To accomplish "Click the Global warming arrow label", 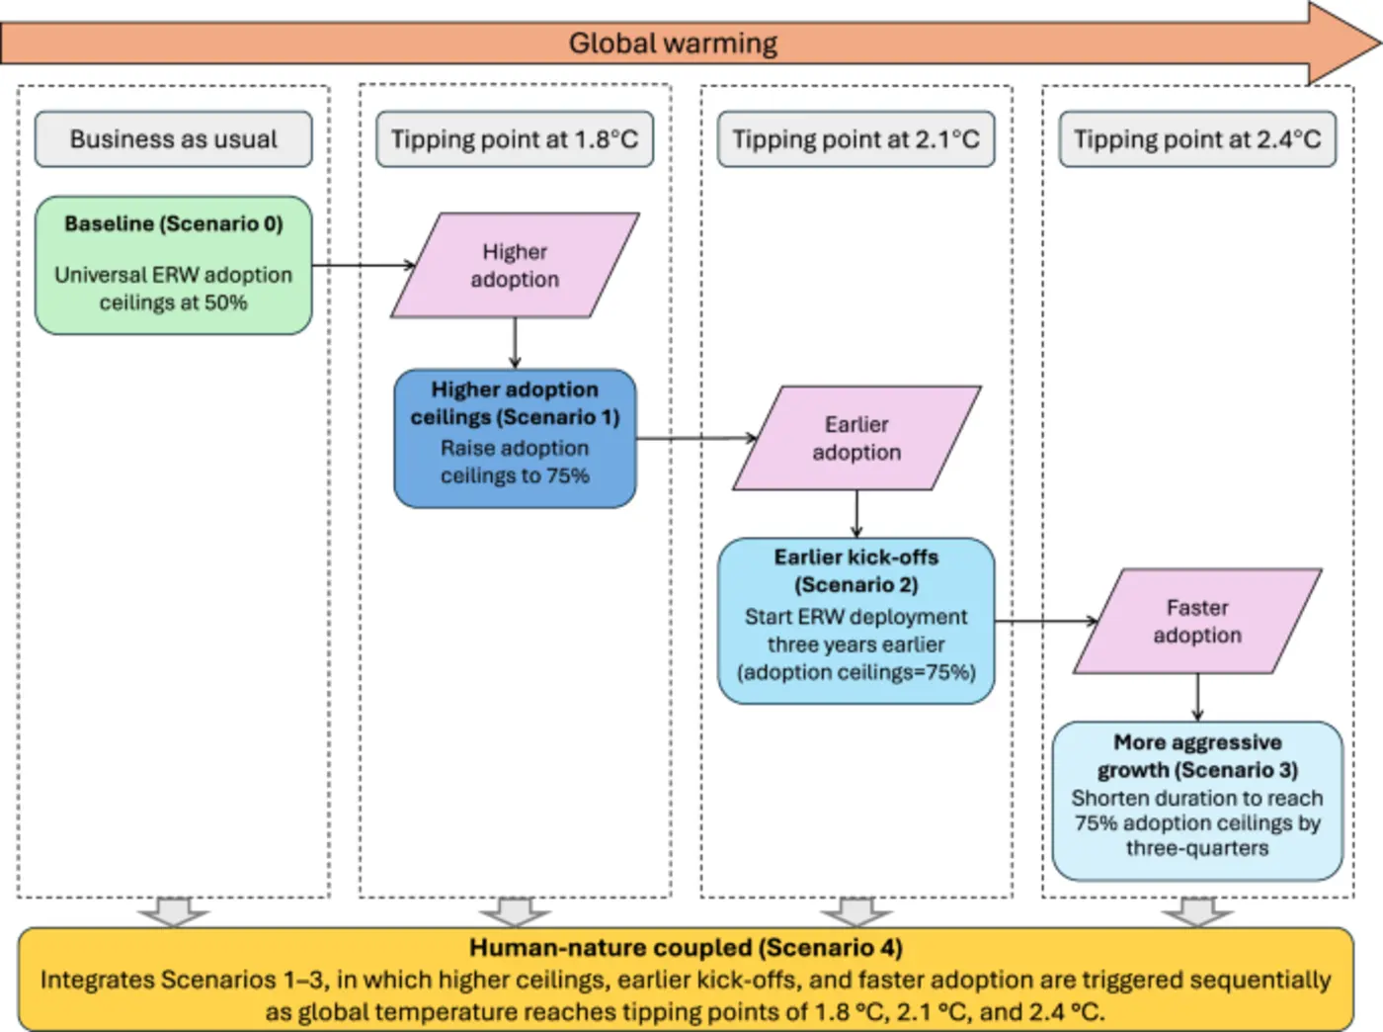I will click(673, 43).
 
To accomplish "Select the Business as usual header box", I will click(174, 139).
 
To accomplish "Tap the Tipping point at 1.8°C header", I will click(515, 139).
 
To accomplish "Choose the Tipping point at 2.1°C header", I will click(855, 139).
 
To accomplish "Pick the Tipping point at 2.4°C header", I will click(1197, 139).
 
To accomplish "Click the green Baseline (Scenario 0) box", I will click(174, 265).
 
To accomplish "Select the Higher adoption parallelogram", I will click(515, 265).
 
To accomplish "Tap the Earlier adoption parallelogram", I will click(856, 438).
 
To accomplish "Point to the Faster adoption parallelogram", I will click(1197, 621).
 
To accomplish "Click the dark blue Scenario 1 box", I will click(515, 438).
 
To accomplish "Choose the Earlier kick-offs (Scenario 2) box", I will click(856, 621).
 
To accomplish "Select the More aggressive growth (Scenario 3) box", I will click(1197, 801).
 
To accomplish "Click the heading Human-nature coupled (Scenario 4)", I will click(686, 948).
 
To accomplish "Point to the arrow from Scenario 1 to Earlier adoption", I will click(695, 438).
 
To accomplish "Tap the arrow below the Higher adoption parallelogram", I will click(515, 343).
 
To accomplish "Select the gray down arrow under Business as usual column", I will click(174, 911).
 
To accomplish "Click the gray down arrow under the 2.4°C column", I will click(1197, 911).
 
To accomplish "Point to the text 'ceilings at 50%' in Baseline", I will click(174, 302).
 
